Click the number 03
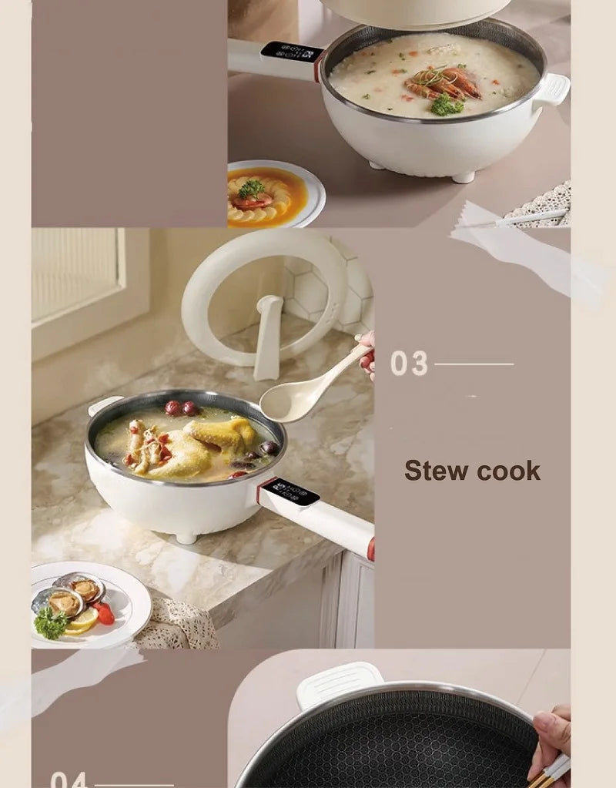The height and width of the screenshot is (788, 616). (x=408, y=364)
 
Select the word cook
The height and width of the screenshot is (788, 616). (x=508, y=471)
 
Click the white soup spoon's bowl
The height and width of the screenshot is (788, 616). (x=287, y=402)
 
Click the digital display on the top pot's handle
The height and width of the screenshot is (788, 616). (x=291, y=53)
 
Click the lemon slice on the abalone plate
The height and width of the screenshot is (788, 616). (x=82, y=619)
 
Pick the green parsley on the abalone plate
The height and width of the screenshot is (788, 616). (x=51, y=622)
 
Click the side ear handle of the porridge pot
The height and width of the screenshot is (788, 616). (x=552, y=89)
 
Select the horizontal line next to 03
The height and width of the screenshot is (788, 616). (x=474, y=364)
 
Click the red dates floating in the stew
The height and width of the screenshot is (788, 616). (x=182, y=408)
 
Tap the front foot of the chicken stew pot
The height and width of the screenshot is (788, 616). (x=185, y=536)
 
